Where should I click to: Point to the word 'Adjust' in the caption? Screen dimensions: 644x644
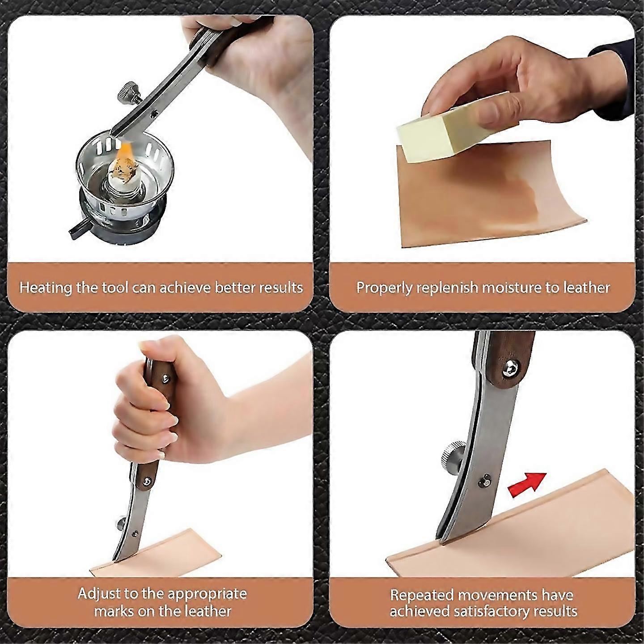point(99,593)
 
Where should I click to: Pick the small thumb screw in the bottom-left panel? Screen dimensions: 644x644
point(121,522)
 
